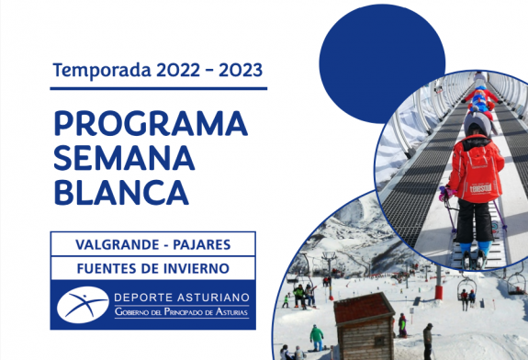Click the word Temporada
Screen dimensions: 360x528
pos(96,69)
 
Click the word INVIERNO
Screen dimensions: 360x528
pos(197,268)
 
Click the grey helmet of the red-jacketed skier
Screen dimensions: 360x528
pos(477,124)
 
